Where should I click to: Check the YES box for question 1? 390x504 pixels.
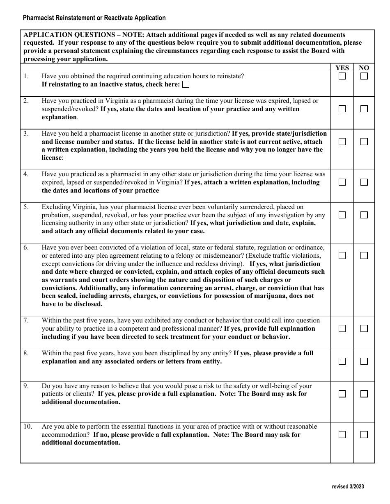[342, 76]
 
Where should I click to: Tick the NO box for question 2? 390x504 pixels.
[364, 109]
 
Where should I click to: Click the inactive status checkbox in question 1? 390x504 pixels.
[186, 84]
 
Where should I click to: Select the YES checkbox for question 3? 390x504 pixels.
[342, 141]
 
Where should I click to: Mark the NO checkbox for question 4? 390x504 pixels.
[364, 182]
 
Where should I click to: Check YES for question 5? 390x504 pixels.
[342, 215]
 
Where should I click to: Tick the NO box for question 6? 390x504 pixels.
[364, 255]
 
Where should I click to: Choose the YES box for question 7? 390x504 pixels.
[342, 328]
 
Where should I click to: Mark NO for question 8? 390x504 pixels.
[364, 361]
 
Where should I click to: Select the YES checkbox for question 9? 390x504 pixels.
[342, 394]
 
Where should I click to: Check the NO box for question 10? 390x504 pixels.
[364, 434]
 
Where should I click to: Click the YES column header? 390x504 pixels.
[342, 68]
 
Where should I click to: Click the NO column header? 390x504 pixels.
[364, 68]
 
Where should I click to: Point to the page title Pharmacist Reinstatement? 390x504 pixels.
[94, 18]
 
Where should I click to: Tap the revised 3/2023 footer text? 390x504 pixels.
[348, 487]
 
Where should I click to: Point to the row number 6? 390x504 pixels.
[26, 247]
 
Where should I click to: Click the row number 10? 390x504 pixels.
[27, 427]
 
